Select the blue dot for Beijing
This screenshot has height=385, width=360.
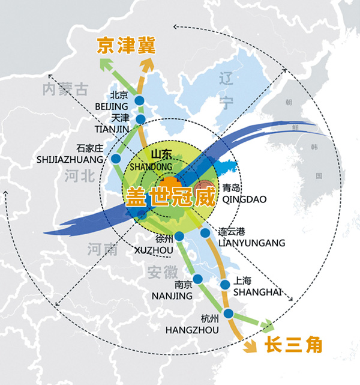pos(140,101)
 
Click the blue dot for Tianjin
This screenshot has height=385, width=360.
pos(140,120)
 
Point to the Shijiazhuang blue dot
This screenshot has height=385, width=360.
pos(115,159)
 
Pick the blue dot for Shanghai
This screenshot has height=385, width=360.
pos(226,285)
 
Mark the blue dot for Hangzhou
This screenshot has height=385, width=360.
pos(228,313)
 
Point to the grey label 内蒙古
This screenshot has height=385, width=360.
pos(65,90)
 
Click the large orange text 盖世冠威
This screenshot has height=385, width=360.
pos(169,195)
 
